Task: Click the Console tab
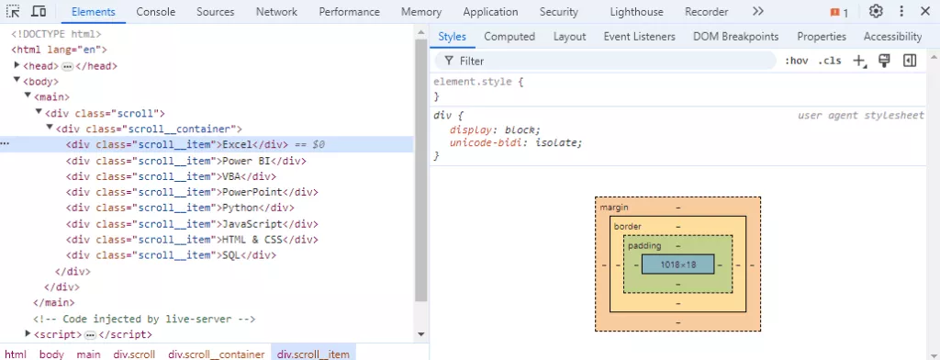(156, 12)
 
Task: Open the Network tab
(276, 12)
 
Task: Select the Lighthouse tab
(637, 12)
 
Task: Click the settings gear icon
(876, 11)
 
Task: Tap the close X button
(925, 11)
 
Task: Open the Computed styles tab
(509, 37)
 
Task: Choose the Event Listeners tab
(639, 37)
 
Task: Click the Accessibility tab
(892, 37)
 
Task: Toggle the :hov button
(796, 61)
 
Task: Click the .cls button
(830, 61)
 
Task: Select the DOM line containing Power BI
(186, 161)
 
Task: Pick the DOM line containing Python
(181, 208)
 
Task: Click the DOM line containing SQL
(172, 255)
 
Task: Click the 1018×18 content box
(678, 264)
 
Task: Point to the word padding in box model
(644, 245)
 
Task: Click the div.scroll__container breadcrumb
(217, 354)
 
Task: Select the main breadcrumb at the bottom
(89, 354)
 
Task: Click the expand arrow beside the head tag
(17, 65)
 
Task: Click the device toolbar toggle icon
(39, 11)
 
